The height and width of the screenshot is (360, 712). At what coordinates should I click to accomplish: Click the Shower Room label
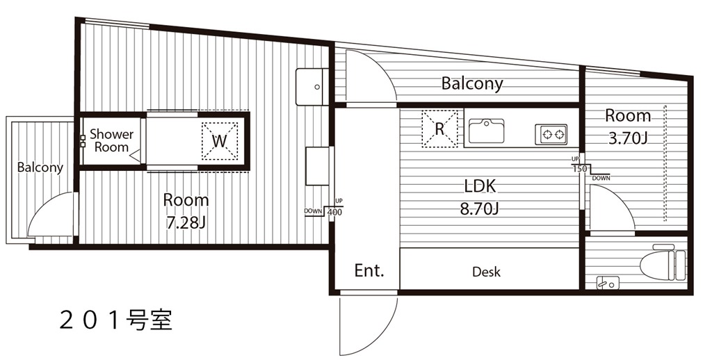(112, 140)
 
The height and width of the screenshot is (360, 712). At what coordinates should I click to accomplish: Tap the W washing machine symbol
(220, 140)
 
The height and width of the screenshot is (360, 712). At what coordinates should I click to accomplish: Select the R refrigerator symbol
(439, 129)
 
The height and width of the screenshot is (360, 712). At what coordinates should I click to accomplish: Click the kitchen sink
(486, 130)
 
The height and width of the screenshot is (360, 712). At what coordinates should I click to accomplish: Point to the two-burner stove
(551, 134)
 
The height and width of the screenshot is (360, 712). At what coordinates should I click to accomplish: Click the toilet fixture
(663, 264)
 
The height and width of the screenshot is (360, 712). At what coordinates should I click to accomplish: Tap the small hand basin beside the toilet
(607, 282)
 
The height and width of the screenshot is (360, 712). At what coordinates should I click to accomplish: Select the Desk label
(486, 272)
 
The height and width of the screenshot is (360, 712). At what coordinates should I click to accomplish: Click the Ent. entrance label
(369, 270)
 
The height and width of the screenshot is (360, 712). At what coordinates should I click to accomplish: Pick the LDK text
(479, 186)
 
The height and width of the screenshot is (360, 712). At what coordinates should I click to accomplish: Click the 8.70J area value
(480, 209)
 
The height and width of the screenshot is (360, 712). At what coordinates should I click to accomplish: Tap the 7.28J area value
(186, 223)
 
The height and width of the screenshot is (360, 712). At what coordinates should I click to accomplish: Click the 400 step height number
(334, 211)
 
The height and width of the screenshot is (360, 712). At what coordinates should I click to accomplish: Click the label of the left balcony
(40, 167)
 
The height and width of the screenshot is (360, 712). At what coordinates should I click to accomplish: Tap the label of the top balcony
(472, 84)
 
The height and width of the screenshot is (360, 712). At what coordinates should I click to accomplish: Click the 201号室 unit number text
(115, 321)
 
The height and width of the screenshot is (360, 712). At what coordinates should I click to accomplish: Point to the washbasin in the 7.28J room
(312, 87)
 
